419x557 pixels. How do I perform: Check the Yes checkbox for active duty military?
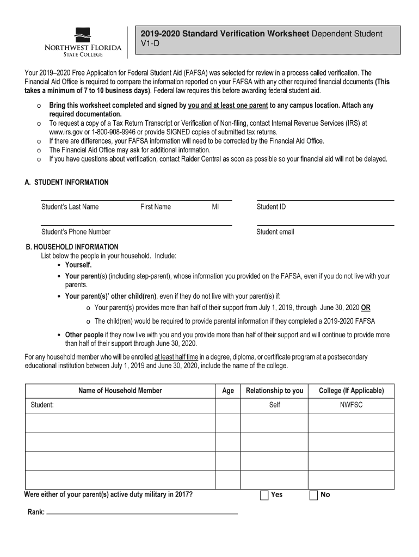click(x=264, y=495)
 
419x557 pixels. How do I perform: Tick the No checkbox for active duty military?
click(x=313, y=495)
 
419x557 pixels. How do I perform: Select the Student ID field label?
click(x=271, y=207)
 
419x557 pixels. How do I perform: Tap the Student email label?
click(x=275, y=232)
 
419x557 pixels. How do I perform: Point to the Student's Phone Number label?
click(x=76, y=232)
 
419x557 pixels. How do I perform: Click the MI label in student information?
click(x=215, y=207)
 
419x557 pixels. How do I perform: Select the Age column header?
click(x=228, y=391)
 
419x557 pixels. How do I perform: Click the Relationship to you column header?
click(x=274, y=391)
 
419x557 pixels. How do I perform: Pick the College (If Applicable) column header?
click(x=351, y=391)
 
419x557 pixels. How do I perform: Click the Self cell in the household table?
click(x=274, y=405)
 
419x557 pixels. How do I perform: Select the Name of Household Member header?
click(x=120, y=391)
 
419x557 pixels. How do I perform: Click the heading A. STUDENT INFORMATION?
click(x=66, y=183)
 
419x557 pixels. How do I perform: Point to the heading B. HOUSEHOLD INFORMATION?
click(x=72, y=247)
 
